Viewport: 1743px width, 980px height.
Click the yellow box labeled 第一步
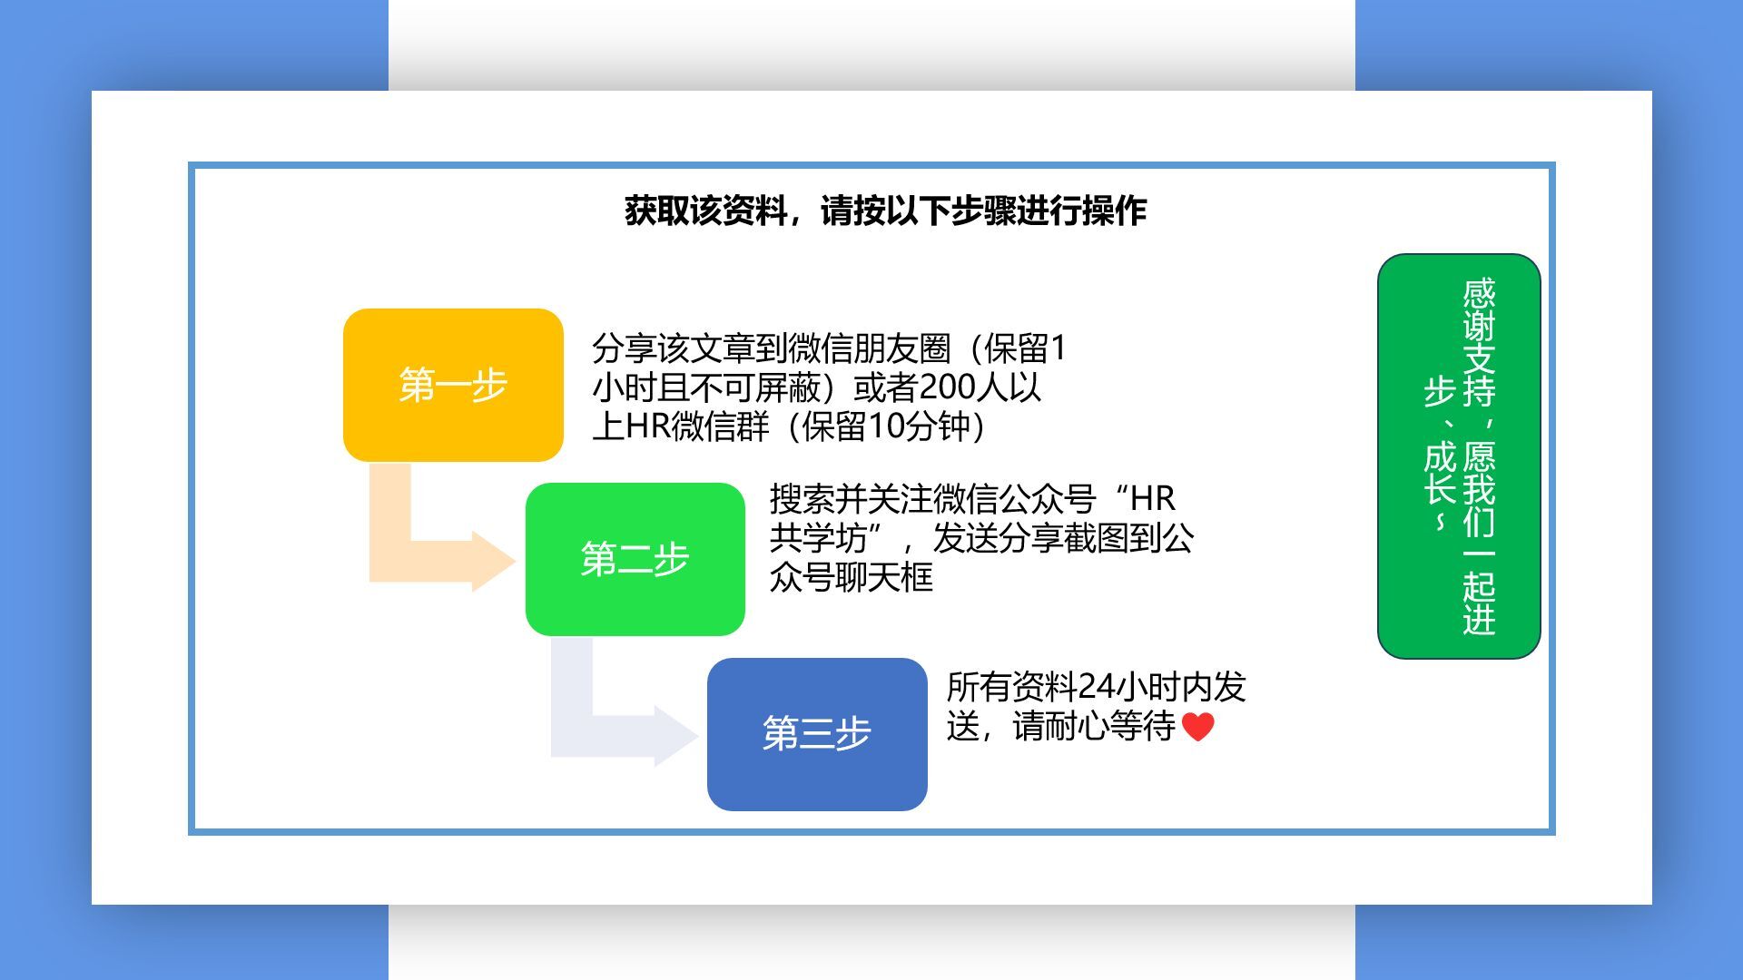pos(453,385)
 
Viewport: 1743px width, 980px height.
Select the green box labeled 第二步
pos(635,559)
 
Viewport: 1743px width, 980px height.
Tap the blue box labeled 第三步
pos(817,734)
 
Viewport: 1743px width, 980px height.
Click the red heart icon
pos(1198,727)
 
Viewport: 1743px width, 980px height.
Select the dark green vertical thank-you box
pos(1459,456)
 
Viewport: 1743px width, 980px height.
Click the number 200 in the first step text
pos(948,387)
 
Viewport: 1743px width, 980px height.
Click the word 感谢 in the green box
pos(1479,309)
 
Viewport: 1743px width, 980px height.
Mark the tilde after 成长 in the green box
pos(1440,523)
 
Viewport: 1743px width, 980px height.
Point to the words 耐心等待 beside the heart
pos(1111,726)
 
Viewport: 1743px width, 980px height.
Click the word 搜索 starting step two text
pos(803,498)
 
